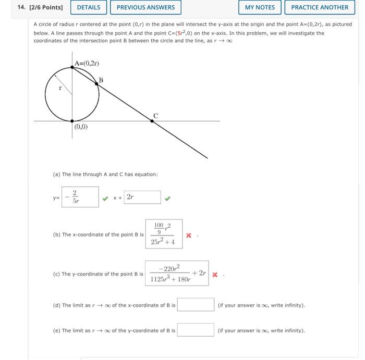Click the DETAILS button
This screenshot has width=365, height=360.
point(89,7)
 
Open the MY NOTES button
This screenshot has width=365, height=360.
point(260,7)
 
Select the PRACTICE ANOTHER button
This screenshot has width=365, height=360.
point(320,7)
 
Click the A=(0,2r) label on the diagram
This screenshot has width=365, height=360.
point(87,64)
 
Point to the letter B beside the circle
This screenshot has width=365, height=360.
point(101,80)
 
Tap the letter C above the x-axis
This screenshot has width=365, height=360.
point(155,116)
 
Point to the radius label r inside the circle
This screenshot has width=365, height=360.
point(60,89)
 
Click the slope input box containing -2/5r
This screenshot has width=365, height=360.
point(80,197)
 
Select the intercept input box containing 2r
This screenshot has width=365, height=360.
point(142,197)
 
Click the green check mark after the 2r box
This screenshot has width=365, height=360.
point(168,198)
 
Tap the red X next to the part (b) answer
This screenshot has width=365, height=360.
point(189,235)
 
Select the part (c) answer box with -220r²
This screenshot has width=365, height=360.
point(177,274)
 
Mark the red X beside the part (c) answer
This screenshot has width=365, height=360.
point(215,275)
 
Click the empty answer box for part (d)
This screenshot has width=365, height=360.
point(196,305)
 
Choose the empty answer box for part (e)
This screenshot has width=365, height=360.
point(196,330)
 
